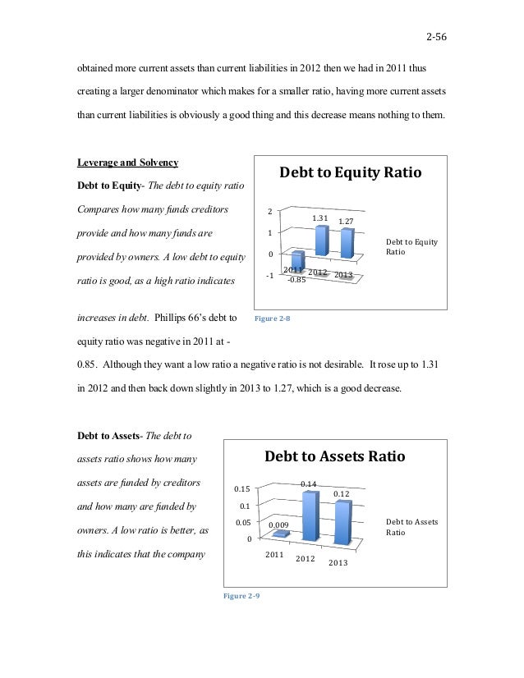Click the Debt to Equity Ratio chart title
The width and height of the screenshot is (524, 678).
click(351, 174)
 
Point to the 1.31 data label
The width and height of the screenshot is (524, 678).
click(320, 218)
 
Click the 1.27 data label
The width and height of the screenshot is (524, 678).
click(346, 222)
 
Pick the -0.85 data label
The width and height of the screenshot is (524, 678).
click(296, 279)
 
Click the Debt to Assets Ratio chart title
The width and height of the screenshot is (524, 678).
click(333, 456)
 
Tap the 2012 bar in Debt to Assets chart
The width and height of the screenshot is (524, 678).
click(310, 517)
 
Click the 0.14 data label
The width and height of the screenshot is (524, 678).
click(309, 484)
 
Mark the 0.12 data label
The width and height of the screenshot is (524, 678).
click(341, 493)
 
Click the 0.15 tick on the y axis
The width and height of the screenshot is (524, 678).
click(243, 490)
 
